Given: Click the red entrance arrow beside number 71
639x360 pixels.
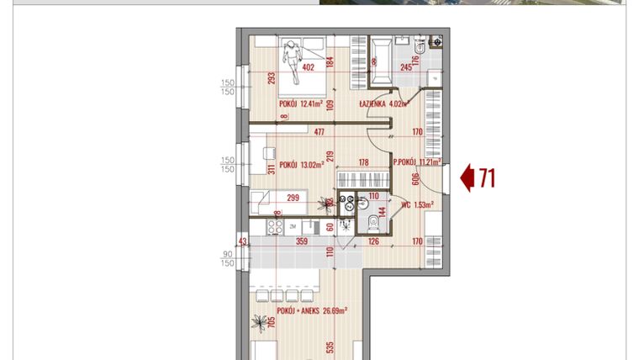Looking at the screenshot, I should (x=467, y=178).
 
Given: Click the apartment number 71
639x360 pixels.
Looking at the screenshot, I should (x=485, y=178).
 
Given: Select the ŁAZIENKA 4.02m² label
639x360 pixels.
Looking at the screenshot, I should (x=383, y=104).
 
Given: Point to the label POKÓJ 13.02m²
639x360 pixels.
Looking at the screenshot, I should (x=302, y=165).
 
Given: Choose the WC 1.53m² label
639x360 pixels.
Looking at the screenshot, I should (x=418, y=204).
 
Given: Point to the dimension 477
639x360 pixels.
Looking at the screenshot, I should (x=319, y=131).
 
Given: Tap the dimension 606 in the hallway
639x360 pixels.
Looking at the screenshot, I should (x=415, y=178).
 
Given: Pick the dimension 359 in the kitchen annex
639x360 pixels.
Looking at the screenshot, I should (x=302, y=241).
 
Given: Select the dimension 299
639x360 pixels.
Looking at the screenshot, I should (x=293, y=199).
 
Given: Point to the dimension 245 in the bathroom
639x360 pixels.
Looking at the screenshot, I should (x=408, y=68).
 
